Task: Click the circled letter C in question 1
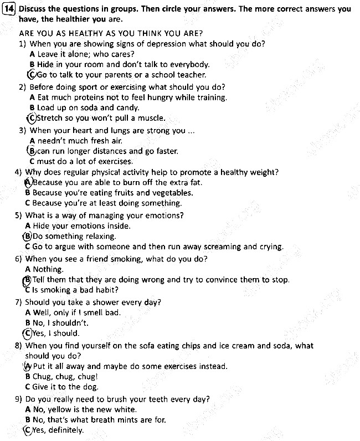(x=33, y=75)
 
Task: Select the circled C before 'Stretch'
(x=31, y=118)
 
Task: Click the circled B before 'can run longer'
(x=32, y=151)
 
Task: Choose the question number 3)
(x=23, y=131)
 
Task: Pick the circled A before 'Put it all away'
(x=28, y=366)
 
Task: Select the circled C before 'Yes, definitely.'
(x=28, y=430)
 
